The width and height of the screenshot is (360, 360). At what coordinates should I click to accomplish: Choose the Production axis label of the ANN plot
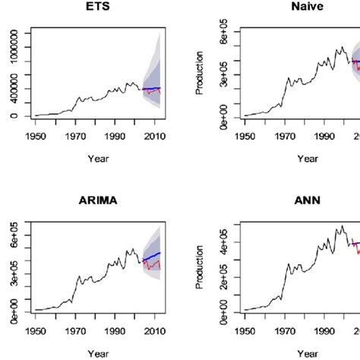click(x=199, y=270)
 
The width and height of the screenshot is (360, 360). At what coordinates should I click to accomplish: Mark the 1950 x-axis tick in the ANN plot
click(x=245, y=331)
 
